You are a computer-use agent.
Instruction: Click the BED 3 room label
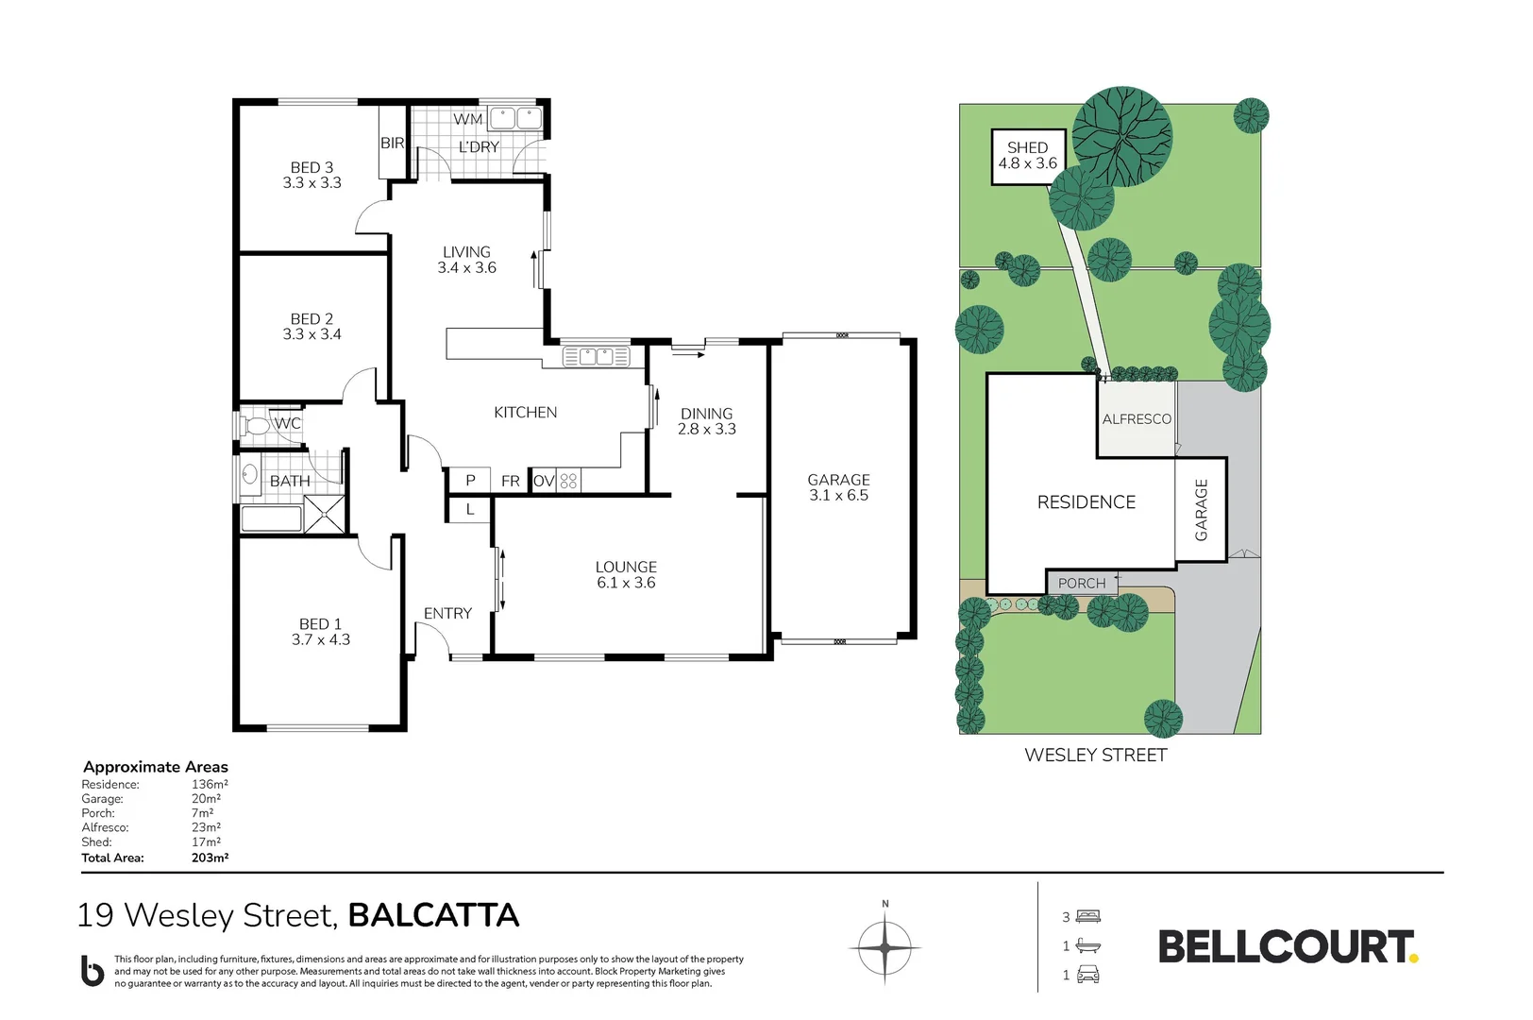pyautogui.click(x=312, y=167)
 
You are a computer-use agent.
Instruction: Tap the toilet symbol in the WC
pyautogui.click(x=256, y=425)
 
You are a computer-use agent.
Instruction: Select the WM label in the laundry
pyautogui.click(x=467, y=119)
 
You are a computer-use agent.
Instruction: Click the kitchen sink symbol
pyautogui.click(x=596, y=357)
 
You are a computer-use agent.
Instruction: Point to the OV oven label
pyautogui.click(x=544, y=481)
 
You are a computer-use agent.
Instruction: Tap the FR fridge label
pyautogui.click(x=510, y=481)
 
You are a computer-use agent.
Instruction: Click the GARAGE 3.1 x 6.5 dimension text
pyautogui.click(x=838, y=495)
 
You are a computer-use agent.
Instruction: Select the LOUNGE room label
pyautogui.click(x=626, y=567)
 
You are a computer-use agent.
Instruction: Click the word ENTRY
pyautogui.click(x=447, y=613)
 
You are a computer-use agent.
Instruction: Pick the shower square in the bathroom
pyautogui.click(x=325, y=516)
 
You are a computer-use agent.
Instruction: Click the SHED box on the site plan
pyautogui.click(x=1028, y=156)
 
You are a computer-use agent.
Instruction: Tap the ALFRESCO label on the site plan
pyautogui.click(x=1137, y=418)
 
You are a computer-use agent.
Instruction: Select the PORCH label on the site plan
pyautogui.click(x=1081, y=584)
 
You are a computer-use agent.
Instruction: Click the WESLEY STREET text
pyautogui.click(x=1095, y=755)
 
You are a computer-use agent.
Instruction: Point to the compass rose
pyautogui.click(x=884, y=947)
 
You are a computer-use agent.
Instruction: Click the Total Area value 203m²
pyautogui.click(x=210, y=858)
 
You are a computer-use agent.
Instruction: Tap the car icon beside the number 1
pyautogui.click(x=1088, y=975)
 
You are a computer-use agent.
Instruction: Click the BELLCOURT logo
pyautogui.click(x=1287, y=946)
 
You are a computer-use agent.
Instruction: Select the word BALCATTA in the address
pyautogui.click(x=433, y=915)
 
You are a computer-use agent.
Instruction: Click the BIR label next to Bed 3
pyautogui.click(x=392, y=143)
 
